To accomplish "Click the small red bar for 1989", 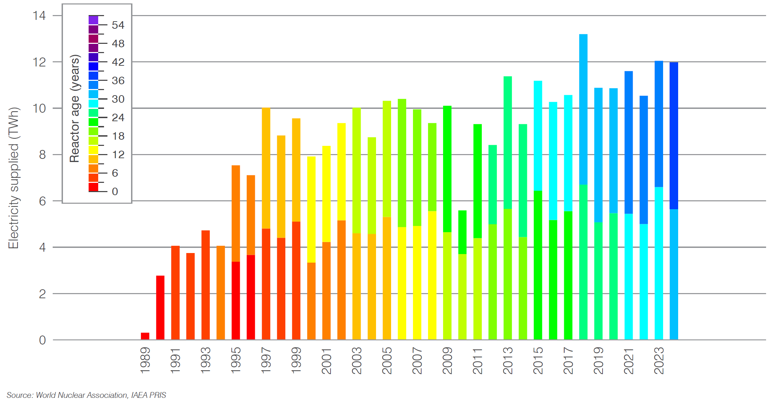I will (x=145, y=336).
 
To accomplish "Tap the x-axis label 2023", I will (x=659, y=360).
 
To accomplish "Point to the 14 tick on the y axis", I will (x=39, y=16).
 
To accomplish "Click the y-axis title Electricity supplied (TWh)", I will (x=13, y=178).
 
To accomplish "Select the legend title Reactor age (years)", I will (x=75, y=108).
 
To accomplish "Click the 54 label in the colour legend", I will (x=118, y=25).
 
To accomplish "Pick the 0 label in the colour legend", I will (x=115, y=191).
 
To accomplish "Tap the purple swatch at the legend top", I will (x=93, y=20).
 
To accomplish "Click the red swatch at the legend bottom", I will (x=93, y=187).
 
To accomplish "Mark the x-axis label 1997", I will (x=266, y=360).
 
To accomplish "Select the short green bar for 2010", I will (x=462, y=232).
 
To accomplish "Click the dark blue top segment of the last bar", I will (x=674, y=136).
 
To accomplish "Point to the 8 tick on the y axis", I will (x=42, y=155).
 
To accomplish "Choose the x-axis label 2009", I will (x=447, y=360).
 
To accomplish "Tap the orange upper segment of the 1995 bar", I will (x=236, y=213).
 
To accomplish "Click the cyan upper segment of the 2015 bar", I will (x=538, y=136).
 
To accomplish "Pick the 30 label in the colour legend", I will (x=118, y=99).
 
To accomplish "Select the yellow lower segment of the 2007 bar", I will (x=417, y=282).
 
